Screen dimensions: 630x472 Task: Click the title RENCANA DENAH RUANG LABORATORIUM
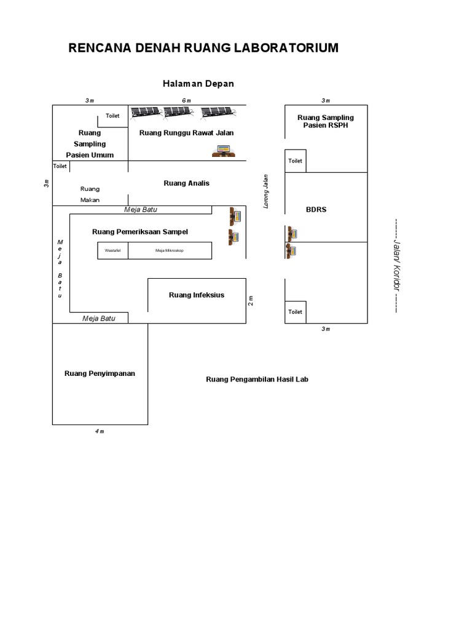(x=203, y=48)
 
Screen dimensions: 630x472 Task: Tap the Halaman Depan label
(x=198, y=84)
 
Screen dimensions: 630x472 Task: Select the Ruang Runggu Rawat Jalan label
(x=186, y=133)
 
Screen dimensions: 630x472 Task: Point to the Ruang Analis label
(x=186, y=183)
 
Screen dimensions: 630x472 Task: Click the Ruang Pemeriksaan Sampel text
(x=140, y=232)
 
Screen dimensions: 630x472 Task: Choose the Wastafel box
(x=112, y=250)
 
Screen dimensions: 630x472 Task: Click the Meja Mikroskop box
(x=170, y=250)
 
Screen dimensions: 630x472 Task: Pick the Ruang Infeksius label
(x=197, y=295)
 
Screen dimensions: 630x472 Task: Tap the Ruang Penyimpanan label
(x=100, y=373)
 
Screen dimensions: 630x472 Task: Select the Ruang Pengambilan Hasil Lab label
(x=257, y=380)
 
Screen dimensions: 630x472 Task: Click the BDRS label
(x=316, y=210)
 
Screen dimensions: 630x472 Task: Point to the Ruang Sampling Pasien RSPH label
(x=326, y=121)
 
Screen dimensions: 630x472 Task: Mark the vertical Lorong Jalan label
(x=267, y=191)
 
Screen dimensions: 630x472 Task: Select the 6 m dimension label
(x=186, y=100)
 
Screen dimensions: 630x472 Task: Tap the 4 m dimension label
(x=100, y=431)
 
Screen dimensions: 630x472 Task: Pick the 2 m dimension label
(x=251, y=300)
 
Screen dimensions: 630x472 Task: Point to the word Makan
(x=90, y=200)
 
